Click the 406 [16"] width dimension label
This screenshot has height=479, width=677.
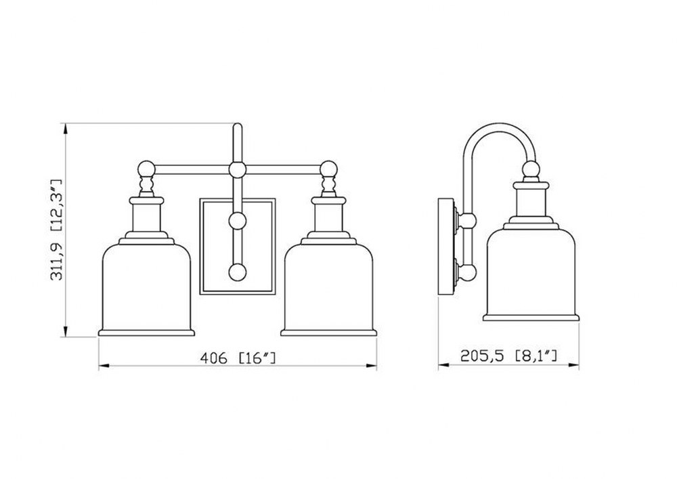238,358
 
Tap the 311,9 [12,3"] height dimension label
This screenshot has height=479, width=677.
57,230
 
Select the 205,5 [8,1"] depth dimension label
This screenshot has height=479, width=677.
508,356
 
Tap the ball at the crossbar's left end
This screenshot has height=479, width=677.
146,169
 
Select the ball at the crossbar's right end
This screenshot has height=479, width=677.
328,169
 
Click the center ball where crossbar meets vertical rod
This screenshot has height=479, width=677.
238,169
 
